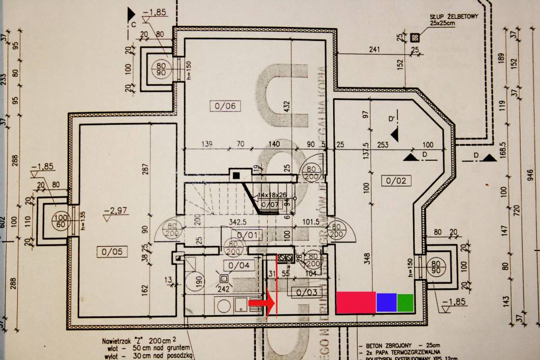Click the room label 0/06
click(x=225, y=106)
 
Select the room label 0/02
click(x=396, y=180)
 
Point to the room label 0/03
click(x=302, y=293)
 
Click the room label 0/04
click(x=239, y=265)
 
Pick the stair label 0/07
click(x=270, y=205)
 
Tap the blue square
click(x=386, y=302)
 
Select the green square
click(x=405, y=302)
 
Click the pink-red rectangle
click(x=356, y=302)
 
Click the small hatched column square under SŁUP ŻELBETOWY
click(x=414, y=38)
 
